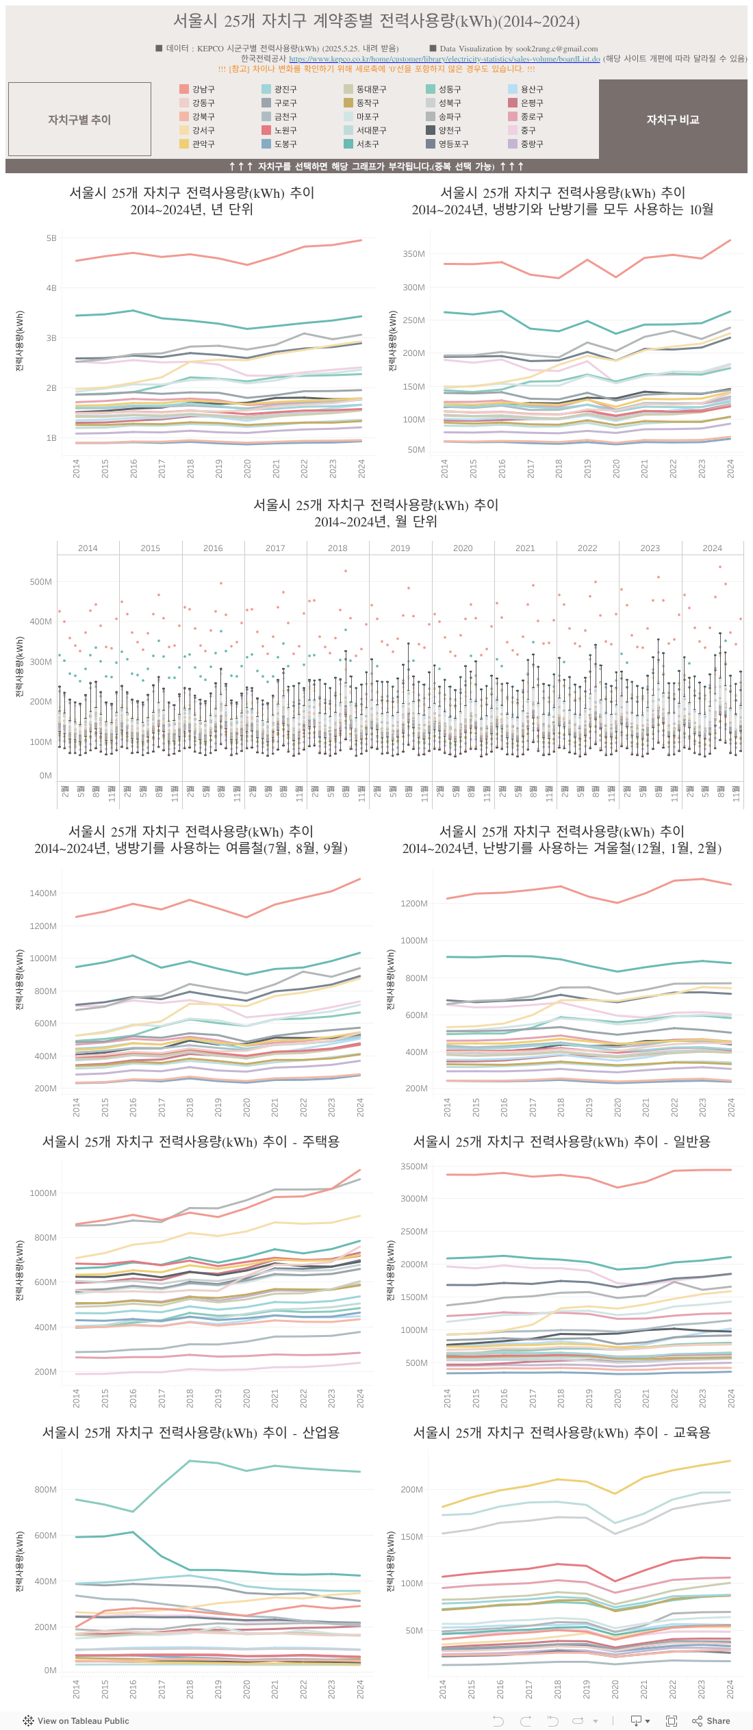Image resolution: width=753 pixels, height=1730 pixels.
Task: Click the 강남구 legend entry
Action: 203,89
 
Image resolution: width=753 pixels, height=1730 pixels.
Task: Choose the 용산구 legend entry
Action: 531,89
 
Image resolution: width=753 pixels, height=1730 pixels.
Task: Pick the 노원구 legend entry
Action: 285,130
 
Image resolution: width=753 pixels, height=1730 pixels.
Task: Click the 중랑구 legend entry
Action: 531,144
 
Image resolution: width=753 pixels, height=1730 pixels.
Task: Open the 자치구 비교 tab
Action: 673,120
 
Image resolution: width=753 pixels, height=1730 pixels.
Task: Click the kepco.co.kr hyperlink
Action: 444,59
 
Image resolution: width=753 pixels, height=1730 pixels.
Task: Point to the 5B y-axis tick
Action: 51,238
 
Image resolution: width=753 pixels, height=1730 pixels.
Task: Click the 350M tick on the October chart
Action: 413,254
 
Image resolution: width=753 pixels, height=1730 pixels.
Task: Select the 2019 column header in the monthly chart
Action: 400,548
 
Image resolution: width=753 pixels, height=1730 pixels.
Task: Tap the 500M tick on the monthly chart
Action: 40,582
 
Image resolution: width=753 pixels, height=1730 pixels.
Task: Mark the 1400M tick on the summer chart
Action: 43,893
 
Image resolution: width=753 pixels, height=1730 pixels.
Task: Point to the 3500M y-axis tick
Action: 413,1167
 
